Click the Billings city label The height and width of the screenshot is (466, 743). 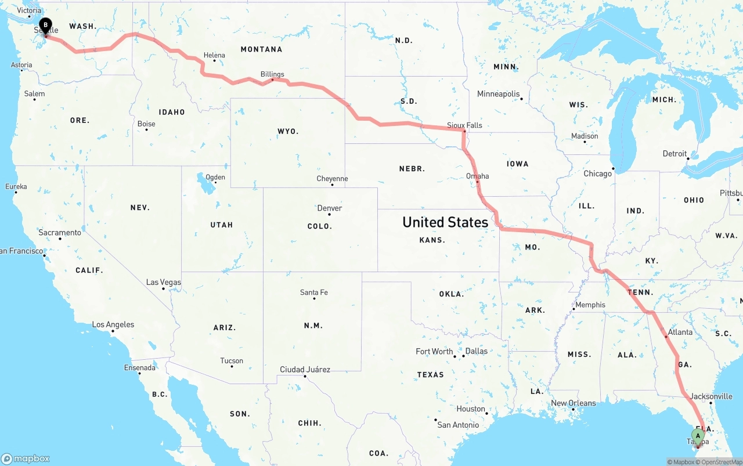point(272,74)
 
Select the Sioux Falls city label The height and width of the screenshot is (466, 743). point(464,125)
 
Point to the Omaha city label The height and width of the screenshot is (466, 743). point(477,176)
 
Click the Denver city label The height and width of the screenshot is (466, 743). point(330,208)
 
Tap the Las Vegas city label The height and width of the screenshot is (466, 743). point(164,282)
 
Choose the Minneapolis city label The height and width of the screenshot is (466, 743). point(498,93)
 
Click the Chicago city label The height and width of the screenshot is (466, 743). point(597,174)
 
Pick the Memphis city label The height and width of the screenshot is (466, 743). point(590,305)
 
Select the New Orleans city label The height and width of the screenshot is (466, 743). point(573,403)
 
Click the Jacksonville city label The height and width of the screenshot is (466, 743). point(712,396)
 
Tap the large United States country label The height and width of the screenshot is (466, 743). point(445,222)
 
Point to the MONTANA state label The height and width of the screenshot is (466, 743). point(261,49)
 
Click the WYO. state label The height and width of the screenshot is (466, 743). point(288,131)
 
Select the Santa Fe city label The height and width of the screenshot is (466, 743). point(314,292)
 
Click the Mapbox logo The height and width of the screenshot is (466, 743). point(26,458)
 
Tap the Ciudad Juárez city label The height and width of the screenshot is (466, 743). point(305,369)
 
